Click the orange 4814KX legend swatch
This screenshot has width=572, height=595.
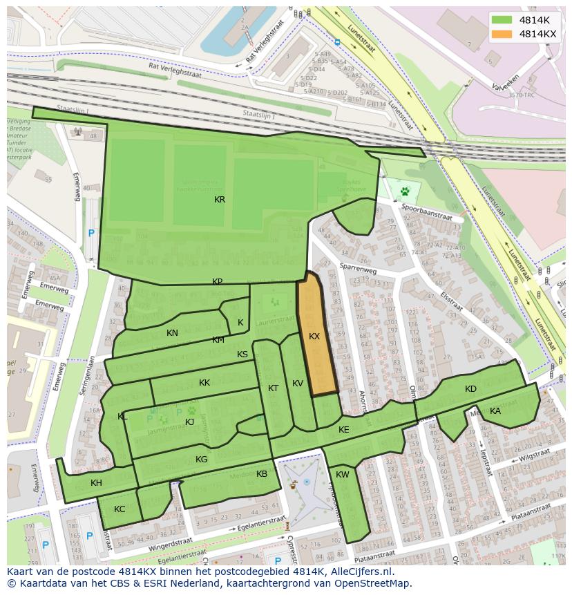(502, 34)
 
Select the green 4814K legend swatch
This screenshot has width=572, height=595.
(502, 20)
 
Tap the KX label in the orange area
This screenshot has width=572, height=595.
(314, 337)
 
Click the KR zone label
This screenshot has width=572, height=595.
(220, 200)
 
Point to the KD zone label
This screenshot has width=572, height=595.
(470, 389)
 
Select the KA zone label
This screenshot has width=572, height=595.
(495, 411)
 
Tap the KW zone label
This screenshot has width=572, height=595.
(343, 475)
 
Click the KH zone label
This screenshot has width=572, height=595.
(96, 483)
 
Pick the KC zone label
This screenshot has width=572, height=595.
(120, 509)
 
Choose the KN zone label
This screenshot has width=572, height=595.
(172, 333)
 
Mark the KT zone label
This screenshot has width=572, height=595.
(273, 388)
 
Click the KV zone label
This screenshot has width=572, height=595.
(298, 384)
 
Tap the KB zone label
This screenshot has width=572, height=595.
(262, 474)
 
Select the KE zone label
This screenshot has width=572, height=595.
(344, 430)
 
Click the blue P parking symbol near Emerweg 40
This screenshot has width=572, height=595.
(90, 234)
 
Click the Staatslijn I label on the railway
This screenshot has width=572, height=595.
(74, 108)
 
